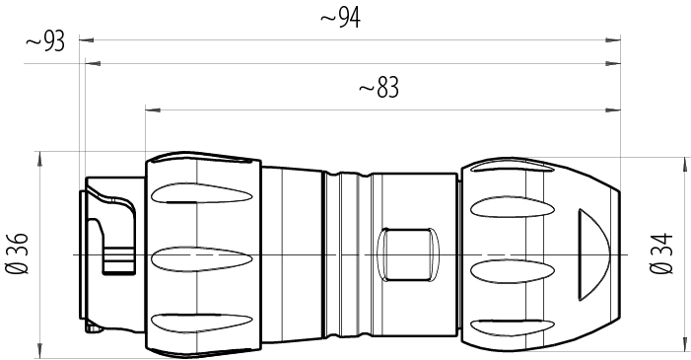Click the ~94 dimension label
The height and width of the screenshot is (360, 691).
341,18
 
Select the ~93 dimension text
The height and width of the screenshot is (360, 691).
45,41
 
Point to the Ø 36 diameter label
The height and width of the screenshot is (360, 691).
17,253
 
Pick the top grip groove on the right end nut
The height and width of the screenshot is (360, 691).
509,208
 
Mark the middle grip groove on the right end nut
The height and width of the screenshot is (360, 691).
509,268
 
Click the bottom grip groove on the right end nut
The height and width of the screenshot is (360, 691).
509,325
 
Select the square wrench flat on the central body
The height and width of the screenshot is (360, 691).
405,253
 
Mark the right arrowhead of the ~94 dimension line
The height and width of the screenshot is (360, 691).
616,40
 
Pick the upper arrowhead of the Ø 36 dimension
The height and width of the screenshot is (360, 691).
38,158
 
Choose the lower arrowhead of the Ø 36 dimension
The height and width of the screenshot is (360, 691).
38,353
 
